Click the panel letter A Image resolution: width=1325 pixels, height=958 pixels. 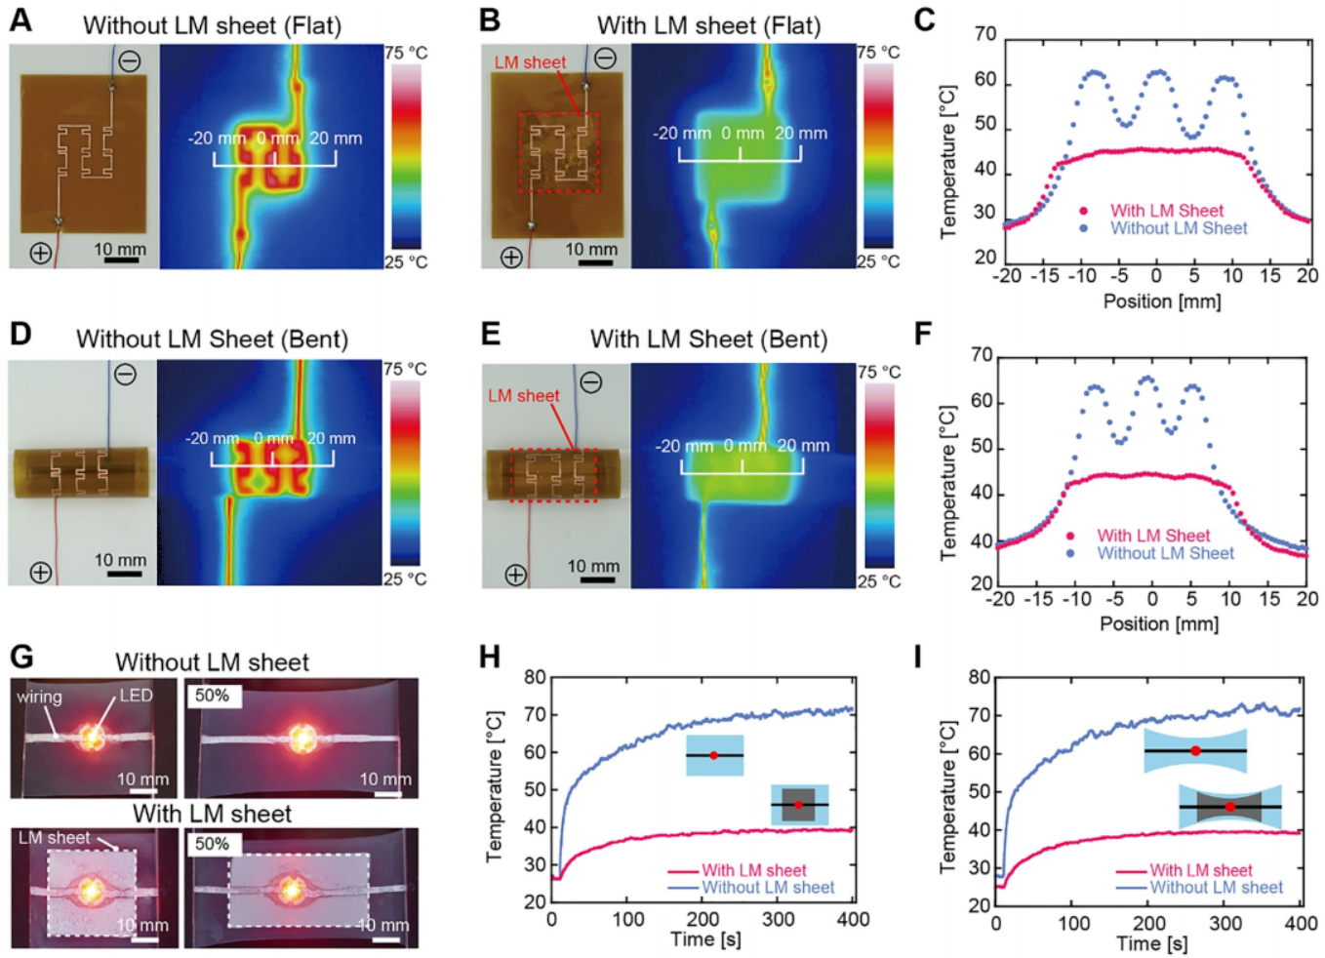[20, 20]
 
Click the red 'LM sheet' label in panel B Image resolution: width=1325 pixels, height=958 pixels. [529, 62]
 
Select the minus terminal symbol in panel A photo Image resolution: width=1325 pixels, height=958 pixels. [130, 61]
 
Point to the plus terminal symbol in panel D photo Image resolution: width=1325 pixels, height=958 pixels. [40, 573]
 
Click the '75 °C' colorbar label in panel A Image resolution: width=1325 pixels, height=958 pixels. [406, 53]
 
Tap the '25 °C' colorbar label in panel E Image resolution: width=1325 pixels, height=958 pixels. [878, 581]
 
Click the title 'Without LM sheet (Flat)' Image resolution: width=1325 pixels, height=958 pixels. [212, 25]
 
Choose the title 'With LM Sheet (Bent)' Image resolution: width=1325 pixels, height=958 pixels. [708, 339]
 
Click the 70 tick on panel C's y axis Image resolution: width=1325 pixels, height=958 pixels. [985, 35]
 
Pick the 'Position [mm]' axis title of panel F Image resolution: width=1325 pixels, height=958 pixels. [1159, 623]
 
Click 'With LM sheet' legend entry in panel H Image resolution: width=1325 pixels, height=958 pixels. [753, 870]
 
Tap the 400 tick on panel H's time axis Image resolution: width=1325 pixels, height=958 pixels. [853, 919]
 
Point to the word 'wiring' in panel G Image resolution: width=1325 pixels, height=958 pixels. [39, 697]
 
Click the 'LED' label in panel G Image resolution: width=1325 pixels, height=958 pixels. [136, 696]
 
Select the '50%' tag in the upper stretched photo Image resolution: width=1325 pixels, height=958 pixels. [212, 696]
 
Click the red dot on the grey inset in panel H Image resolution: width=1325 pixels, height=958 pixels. [799, 805]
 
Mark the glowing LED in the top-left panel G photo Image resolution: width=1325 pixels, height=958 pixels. [92, 737]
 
